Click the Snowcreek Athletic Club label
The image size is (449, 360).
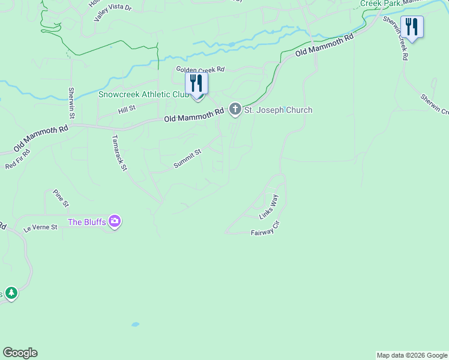pyautogui.click(x=143, y=94)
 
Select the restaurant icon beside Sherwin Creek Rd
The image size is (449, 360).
pyautogui.click(x=412, y=28)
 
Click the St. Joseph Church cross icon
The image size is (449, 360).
pyautogui.click(x=235, y=110)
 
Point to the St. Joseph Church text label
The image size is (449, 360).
pyautogui.click(x=278, y=110)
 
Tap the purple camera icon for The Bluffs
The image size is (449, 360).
pyautogui.click(x=115, y=222)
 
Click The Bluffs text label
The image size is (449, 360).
pyautogui.click(x=87, y=222)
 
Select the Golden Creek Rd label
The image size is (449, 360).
pyautogui.click(x=199, y=70)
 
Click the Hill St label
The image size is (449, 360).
pyautogui.click(x=127, y=109)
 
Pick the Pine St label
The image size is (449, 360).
pyautogui.click(x=61, y=199)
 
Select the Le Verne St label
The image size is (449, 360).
pyautogui.click(x=40, y=227)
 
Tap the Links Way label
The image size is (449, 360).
pyautogui.click(x=269, y=206)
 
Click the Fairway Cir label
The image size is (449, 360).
pyautogui.click(x=265, y=228)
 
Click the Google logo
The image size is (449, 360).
pyautogui.click(x=20, y=353)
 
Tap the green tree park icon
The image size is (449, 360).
pyautogui.click(x=10, y=293)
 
